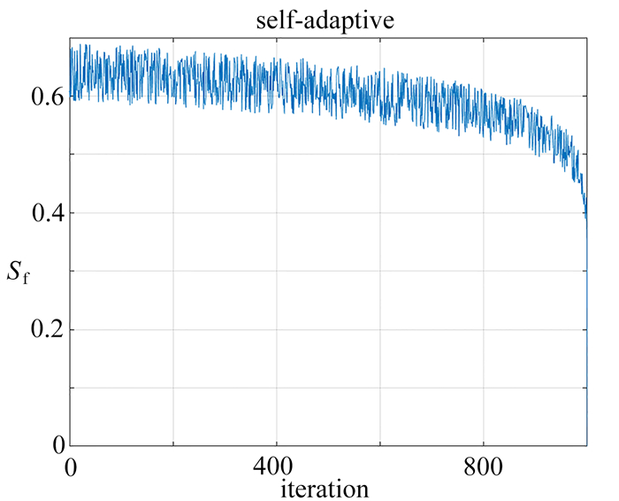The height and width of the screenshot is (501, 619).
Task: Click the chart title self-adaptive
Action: click(x=330, y=19)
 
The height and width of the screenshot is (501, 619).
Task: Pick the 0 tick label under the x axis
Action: click(x=71, y=465)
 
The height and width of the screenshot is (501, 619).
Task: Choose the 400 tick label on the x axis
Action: click(x=278, y=465)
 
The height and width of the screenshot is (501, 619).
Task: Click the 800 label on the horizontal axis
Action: click(x=485, y=465)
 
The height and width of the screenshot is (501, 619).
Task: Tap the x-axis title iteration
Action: click(x=324, y=487)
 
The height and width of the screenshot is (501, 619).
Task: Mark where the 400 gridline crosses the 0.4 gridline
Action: click(x=278, y=213)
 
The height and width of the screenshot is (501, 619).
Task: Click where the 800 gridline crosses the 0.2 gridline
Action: click(x=485, y=330)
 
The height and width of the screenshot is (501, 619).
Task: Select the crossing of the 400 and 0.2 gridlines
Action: click(x=278, y=330)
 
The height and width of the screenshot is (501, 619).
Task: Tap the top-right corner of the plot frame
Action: click(x=588, y=38)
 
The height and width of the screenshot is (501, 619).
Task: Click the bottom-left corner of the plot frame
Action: click(x=71, y=446)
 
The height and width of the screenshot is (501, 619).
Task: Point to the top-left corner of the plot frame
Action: click(x=71, y=38)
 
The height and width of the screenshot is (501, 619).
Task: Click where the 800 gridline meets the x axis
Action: click(x=485, y=446)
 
